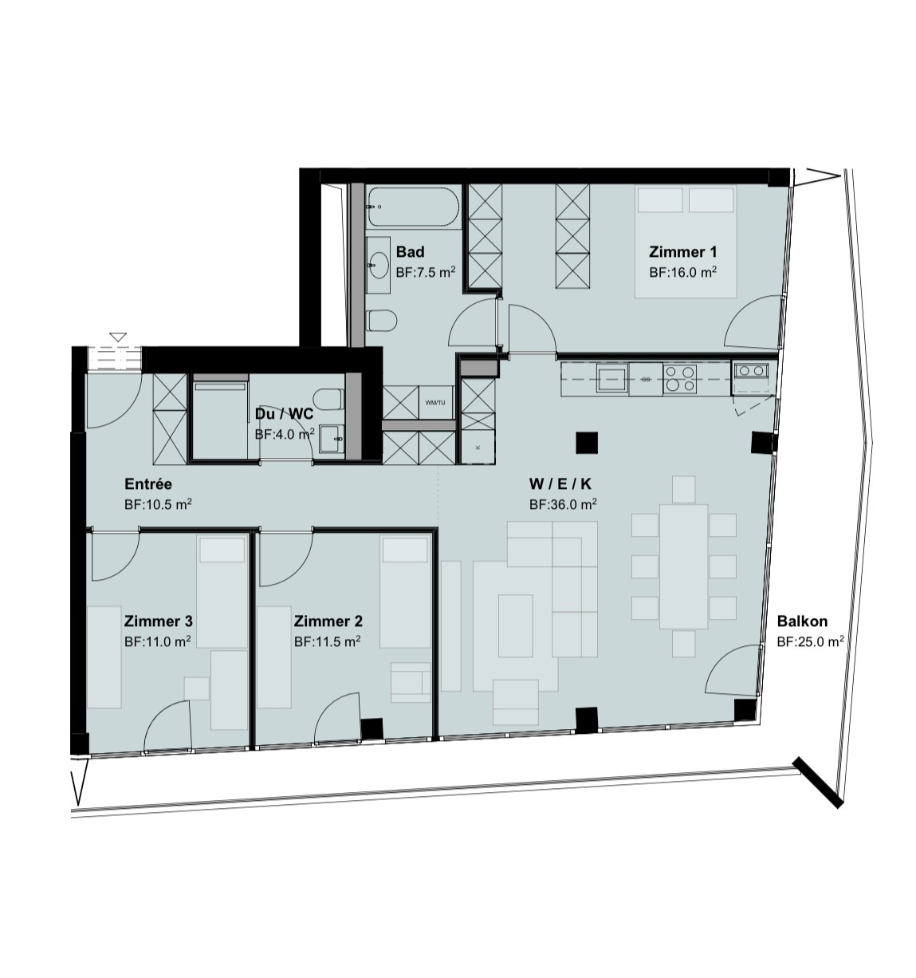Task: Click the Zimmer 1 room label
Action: tap(682, 252)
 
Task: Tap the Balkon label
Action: tap(802, 621)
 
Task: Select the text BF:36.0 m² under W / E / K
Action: tap(563, 504)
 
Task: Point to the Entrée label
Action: tap(148, 483)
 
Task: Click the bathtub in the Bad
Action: tap(413, 207)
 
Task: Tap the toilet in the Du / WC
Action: tap(328, 399)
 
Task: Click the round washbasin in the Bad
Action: tap(379, 265)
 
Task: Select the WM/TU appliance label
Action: tap(435, 402)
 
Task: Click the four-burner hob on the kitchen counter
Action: tap(679, 379)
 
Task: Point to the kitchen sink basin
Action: tap(612, 378)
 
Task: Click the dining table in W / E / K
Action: tap(684, 566)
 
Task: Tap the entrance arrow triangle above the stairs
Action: tap(118, 337)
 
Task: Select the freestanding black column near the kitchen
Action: tap(587, 443)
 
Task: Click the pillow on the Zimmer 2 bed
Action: tap(405, 550)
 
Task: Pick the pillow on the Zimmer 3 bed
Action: tap(222, 550)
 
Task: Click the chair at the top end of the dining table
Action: tap(684, 488)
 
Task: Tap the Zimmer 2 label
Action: tap(328, 621)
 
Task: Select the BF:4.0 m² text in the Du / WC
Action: tap(285, 434)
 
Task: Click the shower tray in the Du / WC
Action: tap(220, 420)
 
